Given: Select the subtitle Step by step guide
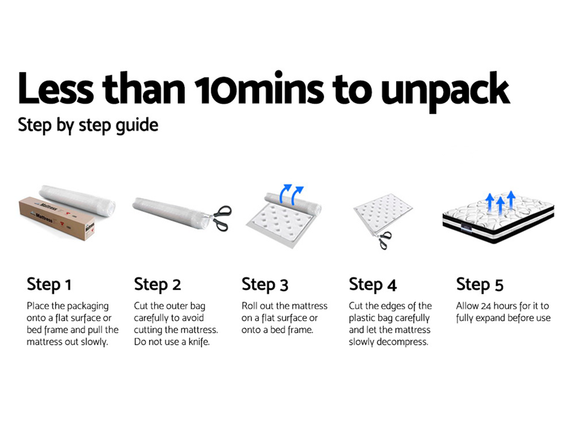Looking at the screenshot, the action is [88, 126].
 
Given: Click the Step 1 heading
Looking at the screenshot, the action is [49, 285].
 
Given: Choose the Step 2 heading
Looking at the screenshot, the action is [157, 285].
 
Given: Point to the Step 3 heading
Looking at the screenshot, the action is [265, 285].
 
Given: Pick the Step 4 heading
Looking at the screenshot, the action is [372, 285].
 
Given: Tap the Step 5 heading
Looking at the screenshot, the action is [480, 285].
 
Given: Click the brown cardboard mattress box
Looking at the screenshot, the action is [57, 219].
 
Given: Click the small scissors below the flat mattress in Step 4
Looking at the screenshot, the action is [383, 240].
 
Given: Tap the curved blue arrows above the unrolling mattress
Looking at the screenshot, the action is [291, 194].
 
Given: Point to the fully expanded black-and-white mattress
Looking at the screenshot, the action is [498, 219].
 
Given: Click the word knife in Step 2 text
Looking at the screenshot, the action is [198, 342].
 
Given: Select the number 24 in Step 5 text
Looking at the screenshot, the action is [486, 306].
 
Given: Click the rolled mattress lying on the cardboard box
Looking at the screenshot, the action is [77, 200].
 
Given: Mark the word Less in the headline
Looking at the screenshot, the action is [56, 88].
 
